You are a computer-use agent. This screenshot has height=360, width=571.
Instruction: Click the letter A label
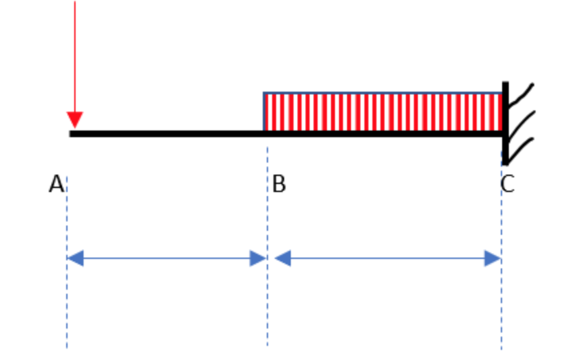click(x=56, y=184)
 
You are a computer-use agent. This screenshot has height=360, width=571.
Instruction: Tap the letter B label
click(x=279, y=184)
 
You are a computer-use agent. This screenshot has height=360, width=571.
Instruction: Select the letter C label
click(x=507, y=184)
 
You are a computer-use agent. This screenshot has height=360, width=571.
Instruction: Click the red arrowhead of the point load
click(x=75, y=120)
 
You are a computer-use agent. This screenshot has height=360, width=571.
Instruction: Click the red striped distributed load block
click(x=382, y=112)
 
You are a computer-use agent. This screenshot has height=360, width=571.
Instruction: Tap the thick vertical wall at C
click(x=505, y=124)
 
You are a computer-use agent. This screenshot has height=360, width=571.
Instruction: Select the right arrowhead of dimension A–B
click(x=258, y=258)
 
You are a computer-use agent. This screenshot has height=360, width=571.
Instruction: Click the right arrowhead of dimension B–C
click(x=493, y=258)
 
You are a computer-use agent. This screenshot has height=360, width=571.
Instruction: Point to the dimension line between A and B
click(x=166, y=258)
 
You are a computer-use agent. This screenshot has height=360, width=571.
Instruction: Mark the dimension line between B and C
click(x=388, y=258)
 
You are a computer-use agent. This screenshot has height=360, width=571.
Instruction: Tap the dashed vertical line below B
click(x=267, y=301)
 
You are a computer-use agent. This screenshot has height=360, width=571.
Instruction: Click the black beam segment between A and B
click(x=167, y=134)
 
